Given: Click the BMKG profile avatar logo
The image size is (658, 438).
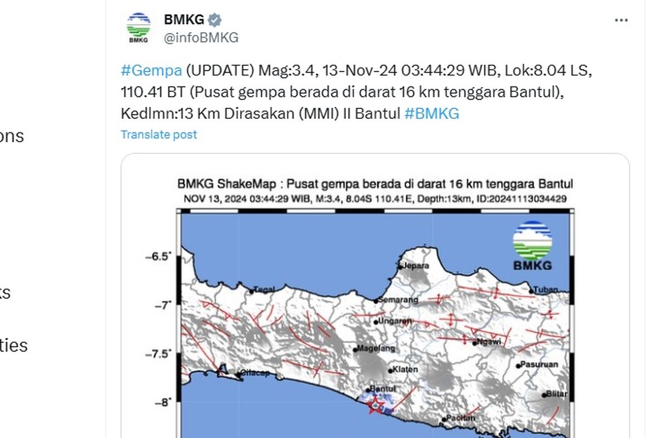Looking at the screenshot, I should (138, 28).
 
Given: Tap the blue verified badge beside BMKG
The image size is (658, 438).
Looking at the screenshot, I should (215, 20).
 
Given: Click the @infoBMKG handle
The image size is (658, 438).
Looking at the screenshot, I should (201, 38).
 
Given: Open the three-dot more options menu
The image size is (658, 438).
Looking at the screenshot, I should (621, 20).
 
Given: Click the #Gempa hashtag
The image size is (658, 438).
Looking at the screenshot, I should (151, 70).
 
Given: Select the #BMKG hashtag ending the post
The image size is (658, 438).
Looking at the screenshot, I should (432, 113).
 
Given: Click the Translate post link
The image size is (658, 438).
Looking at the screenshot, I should (158, 135).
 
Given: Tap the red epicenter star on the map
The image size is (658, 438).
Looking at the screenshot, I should (376, 406).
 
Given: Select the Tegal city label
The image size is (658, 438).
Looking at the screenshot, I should (266, 291).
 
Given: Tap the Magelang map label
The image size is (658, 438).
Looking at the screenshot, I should (375, 348).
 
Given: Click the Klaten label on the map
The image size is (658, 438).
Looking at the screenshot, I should (406, 370).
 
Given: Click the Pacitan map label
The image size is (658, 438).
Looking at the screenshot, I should (461, 418).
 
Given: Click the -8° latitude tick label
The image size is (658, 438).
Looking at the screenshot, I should (162, 402).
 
